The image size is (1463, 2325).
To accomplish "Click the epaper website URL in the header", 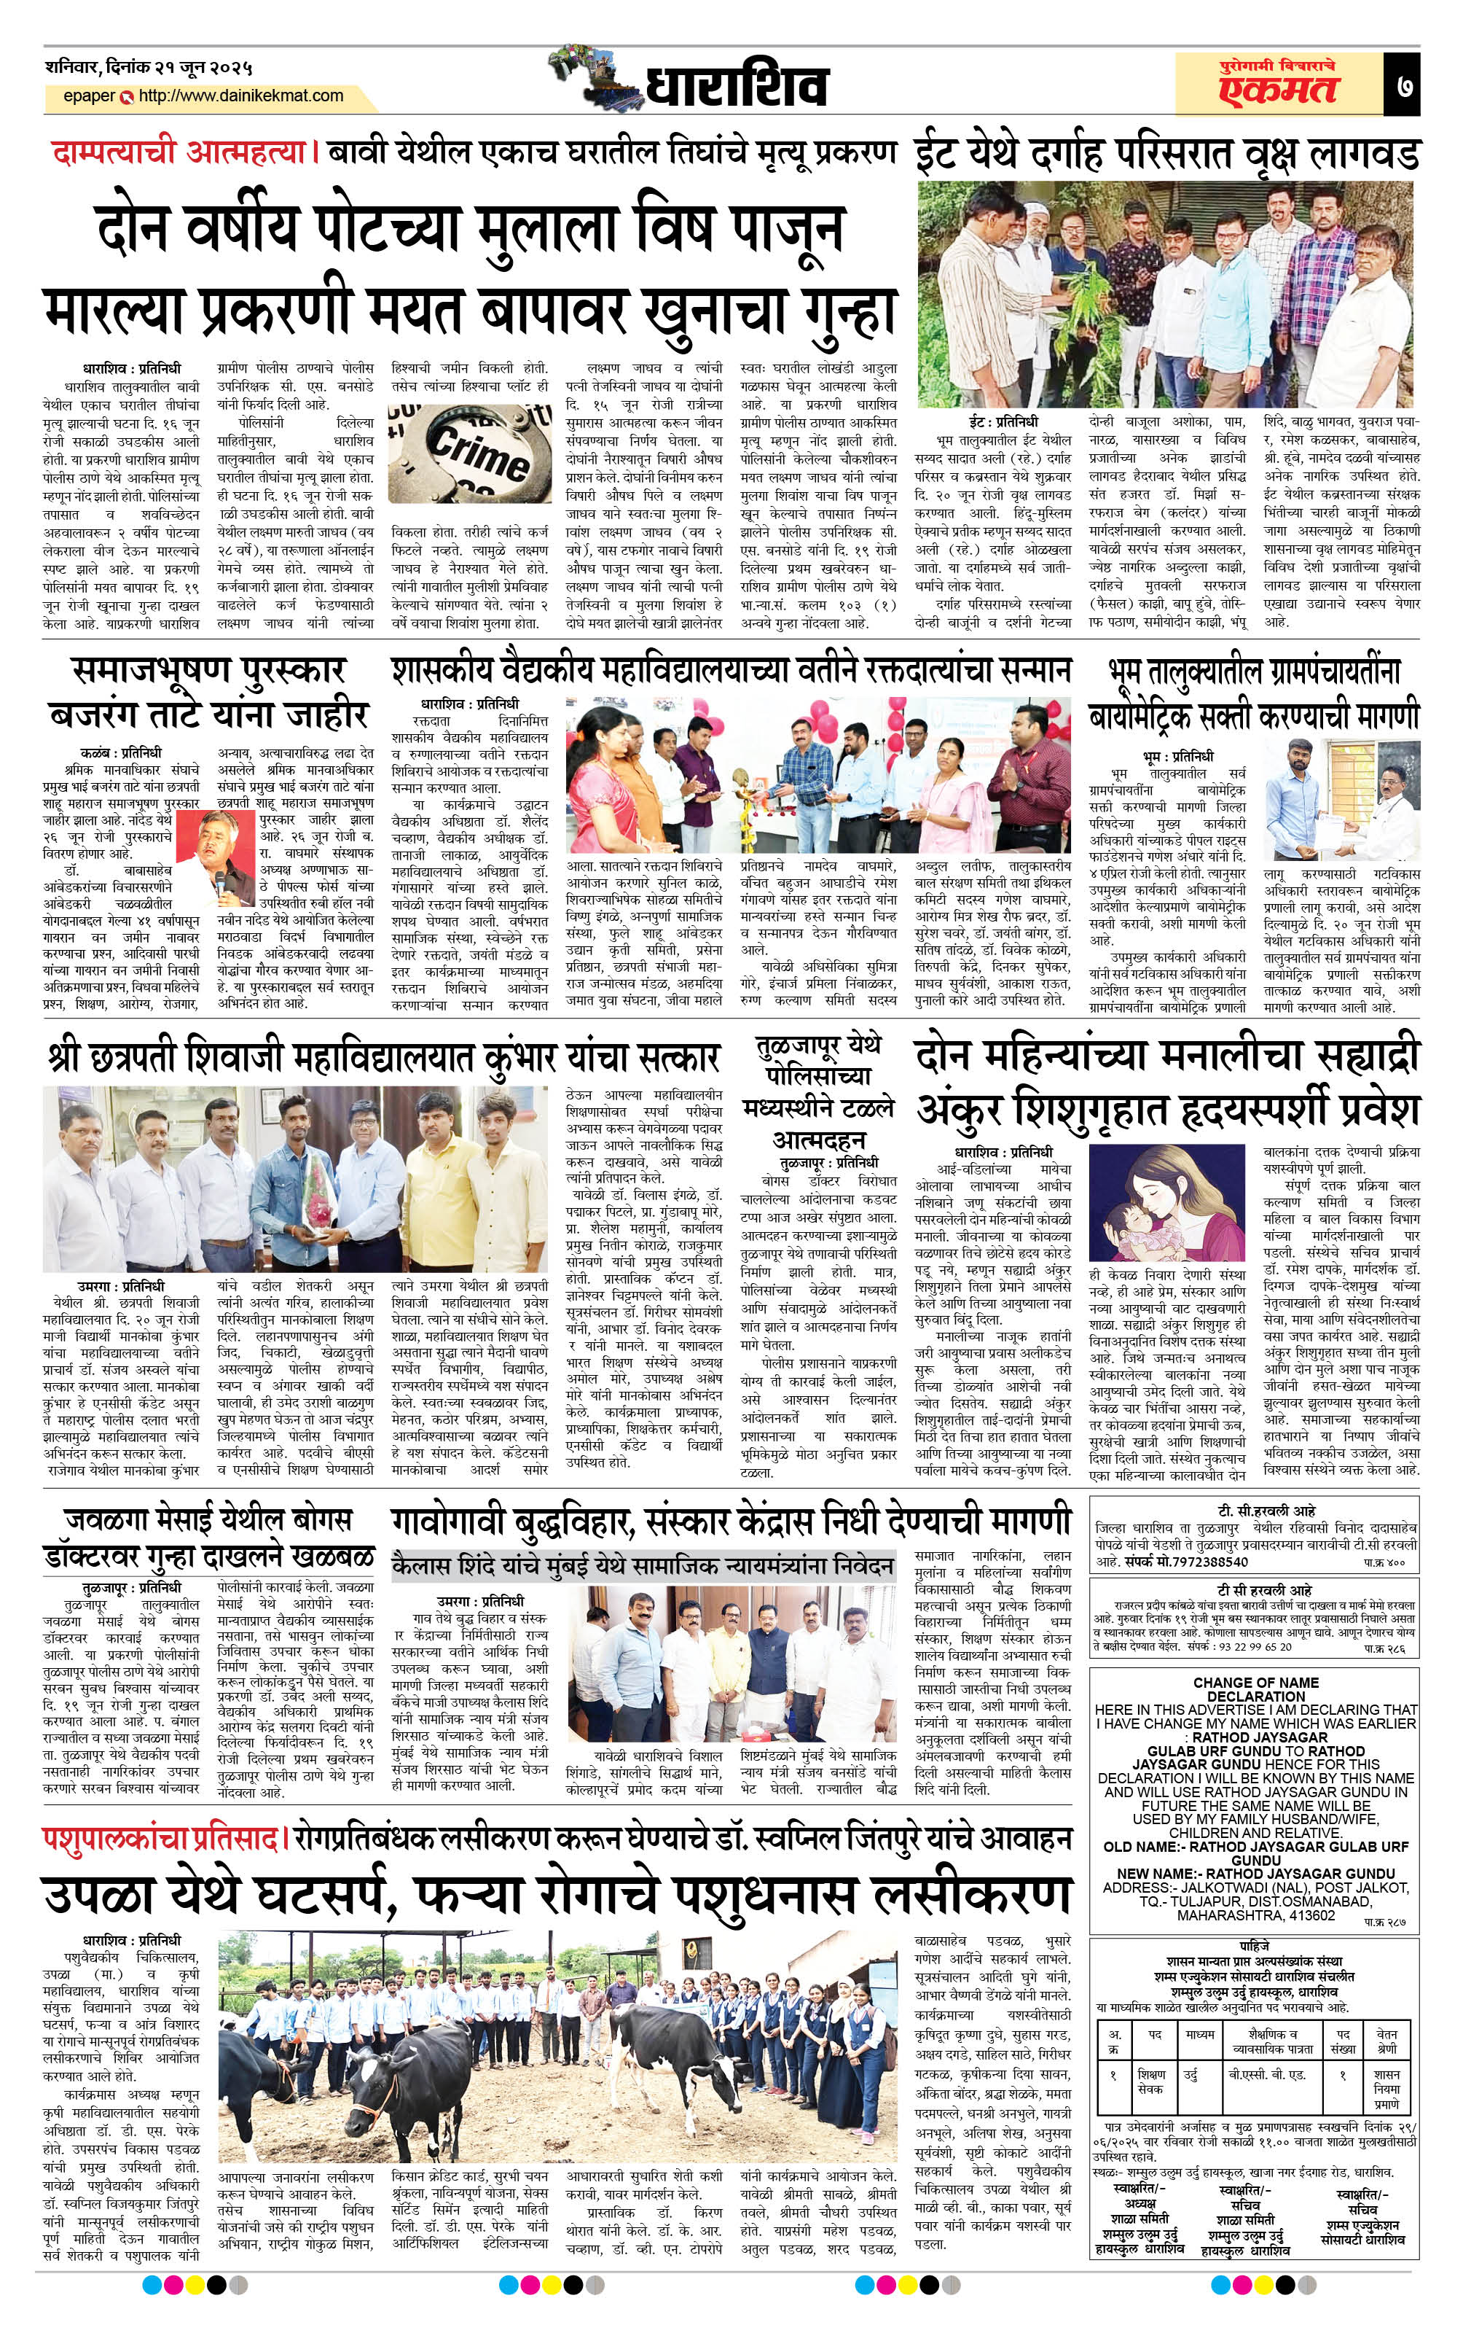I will [240, 96].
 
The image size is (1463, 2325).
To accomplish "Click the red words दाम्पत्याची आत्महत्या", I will [179, 152].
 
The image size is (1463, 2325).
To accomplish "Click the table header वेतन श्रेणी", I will [1386, 2039].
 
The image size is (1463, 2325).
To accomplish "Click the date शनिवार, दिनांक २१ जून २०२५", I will [149, 69].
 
